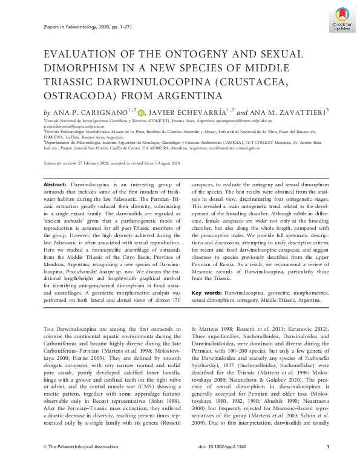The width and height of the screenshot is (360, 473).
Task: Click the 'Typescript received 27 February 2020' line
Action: tap(85, 164)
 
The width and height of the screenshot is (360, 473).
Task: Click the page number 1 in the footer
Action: tap(327, 463)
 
